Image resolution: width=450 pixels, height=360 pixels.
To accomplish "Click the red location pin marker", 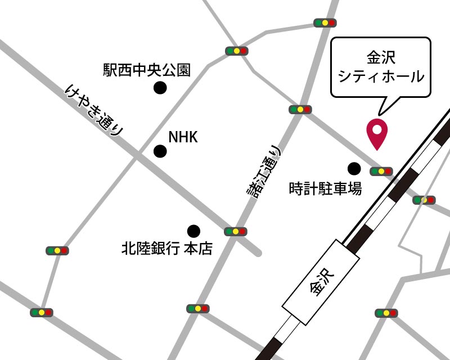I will click(x=377, y=133).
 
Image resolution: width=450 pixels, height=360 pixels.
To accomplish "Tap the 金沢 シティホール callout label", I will click(x=380, y=66).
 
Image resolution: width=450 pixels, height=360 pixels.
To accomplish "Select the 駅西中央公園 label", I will click(x=147, y=70).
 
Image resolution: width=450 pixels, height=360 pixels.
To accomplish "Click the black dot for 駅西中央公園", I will click(x=161, y=88).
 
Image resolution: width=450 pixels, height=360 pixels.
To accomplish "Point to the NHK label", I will click(x=183, y=137).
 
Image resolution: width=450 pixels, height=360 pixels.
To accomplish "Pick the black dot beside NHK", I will click(x=161, y=151).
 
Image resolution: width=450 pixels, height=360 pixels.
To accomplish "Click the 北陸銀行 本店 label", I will click(x=167, y=248).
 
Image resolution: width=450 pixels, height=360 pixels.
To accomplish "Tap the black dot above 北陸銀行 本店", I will click(x=193, y=231).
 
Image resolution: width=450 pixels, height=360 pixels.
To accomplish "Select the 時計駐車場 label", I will click(x=325, y=188).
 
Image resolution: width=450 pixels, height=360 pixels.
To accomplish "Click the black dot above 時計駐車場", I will click(x=354, y=168).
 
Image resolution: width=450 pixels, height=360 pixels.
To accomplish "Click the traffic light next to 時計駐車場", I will click(x=381, y=171).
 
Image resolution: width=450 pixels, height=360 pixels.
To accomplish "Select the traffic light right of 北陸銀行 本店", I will click(x=235, y=231).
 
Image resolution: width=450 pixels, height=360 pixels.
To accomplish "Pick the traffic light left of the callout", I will click(x=299, y=109).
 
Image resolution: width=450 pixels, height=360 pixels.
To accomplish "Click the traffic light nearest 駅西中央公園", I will click(x=236, y=51).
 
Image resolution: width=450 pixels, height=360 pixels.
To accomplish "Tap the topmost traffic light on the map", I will click(x=325, y=23).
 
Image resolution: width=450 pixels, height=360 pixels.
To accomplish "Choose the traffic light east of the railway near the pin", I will click(x=424, y=200).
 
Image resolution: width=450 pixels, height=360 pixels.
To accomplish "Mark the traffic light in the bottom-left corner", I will click(x=41, y=312).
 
